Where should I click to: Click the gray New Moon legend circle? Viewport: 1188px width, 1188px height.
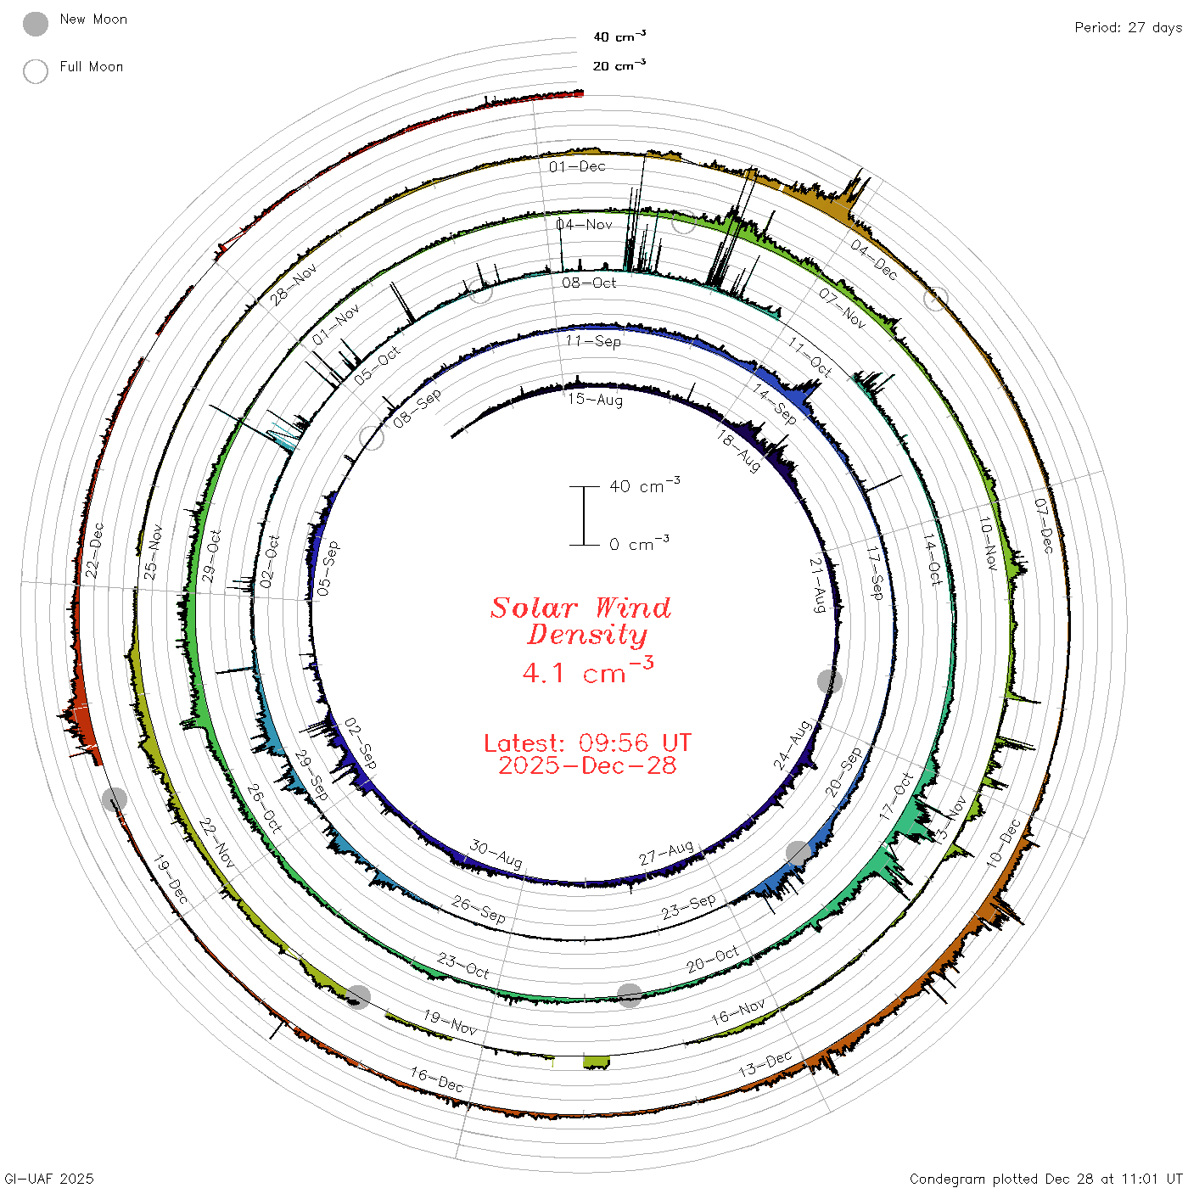tap(35, 24)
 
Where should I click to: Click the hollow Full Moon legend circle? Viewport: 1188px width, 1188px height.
tap(35, 71)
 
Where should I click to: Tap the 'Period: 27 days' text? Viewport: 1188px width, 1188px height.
tap(1128, 28)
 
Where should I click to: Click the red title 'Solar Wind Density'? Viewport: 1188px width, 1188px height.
tap(580, 621)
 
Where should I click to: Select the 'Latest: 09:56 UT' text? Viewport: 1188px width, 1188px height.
tap(587, 742)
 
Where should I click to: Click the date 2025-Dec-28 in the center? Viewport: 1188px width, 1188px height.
tap(587, 765)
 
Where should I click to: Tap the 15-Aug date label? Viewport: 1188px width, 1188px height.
tap(595, 400)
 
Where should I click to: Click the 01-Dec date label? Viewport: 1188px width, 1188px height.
tap(577, 166)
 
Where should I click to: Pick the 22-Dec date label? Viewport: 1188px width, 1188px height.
tap(94, 550)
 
